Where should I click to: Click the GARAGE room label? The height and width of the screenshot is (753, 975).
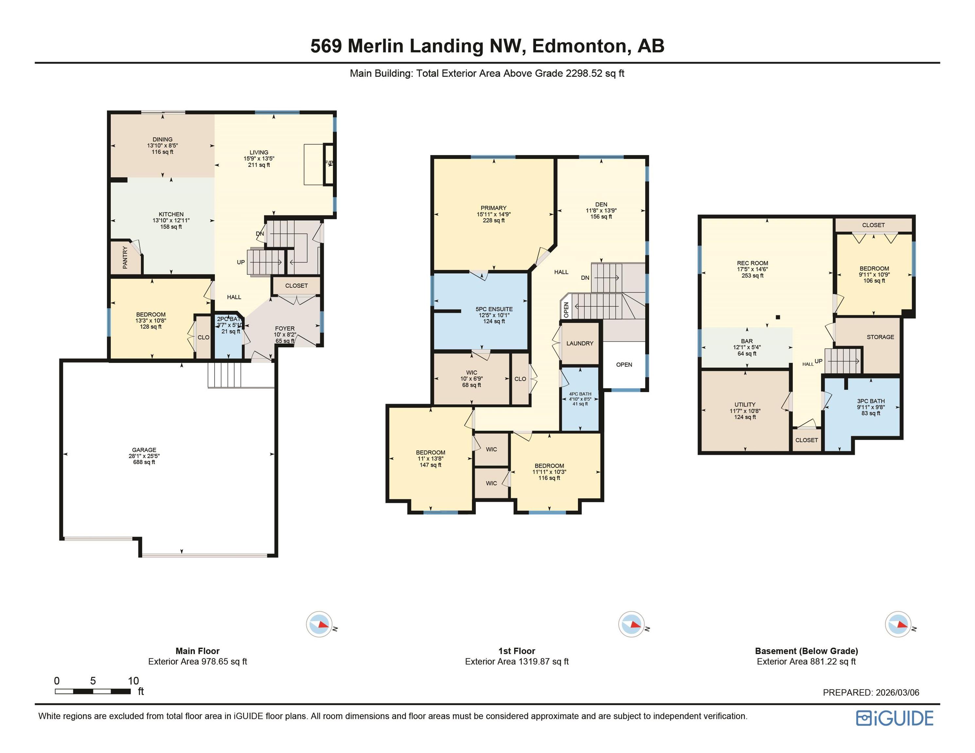(x=144, y=450)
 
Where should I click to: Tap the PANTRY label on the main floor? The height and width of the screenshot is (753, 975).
(x=125, y=258)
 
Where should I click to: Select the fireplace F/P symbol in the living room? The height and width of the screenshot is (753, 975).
(x=329, y=163)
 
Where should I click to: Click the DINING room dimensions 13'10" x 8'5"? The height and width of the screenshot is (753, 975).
(x=163, y=145)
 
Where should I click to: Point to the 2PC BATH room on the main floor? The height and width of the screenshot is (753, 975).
(x=229, y=325)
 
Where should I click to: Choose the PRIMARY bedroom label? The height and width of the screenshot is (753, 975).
(x=493, y=208)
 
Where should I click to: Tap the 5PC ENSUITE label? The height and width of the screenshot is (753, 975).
(x=494, y=309)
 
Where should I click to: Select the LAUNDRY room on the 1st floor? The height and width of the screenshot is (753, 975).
(x=580, y=343)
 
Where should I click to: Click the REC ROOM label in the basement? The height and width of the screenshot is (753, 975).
(x=752, y=263)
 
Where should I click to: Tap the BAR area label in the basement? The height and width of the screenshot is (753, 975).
(x=746, y=341)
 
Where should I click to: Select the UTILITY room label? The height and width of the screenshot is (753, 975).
(x=745, y=405)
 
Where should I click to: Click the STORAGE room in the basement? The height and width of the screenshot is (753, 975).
(x=880, y=337)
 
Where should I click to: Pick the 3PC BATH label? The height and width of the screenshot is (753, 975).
(x=871, y=401)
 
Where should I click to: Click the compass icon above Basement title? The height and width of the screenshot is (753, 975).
(x=898, y=624)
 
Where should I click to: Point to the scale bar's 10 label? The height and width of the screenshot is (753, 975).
(x=133, y=681)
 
